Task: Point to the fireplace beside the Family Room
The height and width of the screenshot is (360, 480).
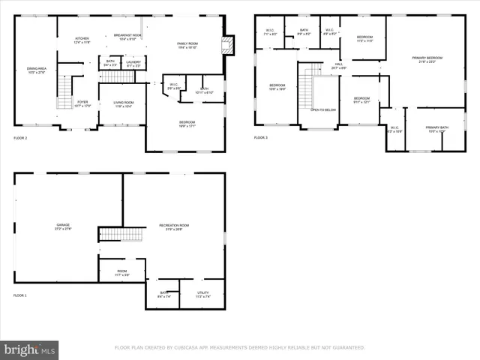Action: point(229,44)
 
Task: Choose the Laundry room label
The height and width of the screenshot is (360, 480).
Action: point(133,63)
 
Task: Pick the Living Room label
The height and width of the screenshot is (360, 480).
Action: point(124,103)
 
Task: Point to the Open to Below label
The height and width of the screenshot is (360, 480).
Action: point(323,109)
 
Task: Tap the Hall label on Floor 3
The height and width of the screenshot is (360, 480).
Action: point(338,65)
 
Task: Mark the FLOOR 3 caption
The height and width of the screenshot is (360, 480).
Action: point(260,138)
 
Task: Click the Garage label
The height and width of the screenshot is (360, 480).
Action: point(62,226)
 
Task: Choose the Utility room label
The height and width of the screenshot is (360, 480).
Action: point(202,294)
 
